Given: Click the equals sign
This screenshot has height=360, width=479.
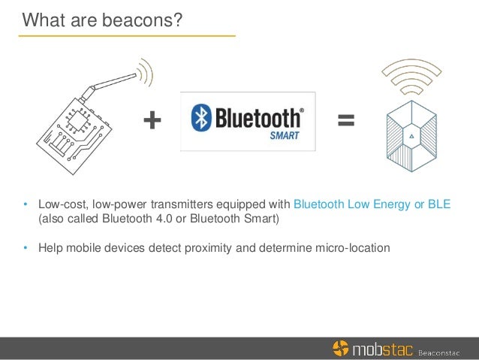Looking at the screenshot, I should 345,120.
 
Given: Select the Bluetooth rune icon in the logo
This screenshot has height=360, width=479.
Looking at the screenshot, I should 200,119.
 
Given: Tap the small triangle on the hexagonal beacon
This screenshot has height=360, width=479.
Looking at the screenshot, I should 411,136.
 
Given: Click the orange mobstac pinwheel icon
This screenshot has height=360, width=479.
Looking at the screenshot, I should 341,348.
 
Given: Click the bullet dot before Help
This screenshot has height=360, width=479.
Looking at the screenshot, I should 25,247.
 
